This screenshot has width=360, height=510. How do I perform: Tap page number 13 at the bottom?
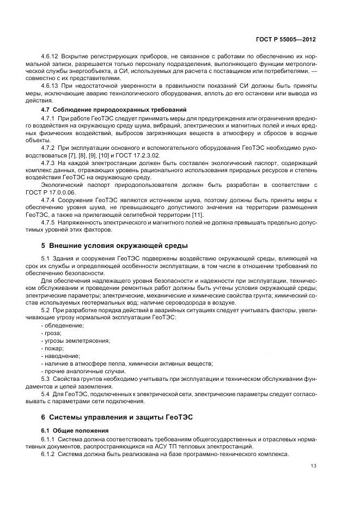313,465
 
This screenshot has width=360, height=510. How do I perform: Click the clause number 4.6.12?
50,57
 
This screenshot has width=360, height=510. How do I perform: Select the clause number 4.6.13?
50,86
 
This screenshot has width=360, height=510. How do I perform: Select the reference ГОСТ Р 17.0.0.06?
60,192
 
